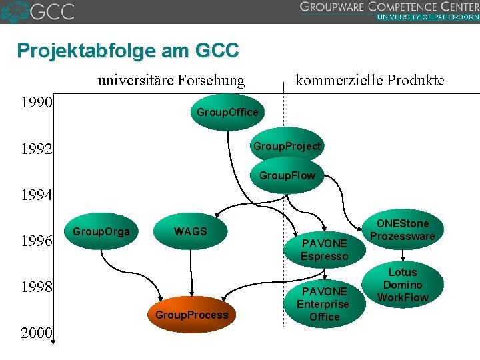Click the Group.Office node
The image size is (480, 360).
click(x=227, y=112)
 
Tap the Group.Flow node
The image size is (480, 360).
click(x=287, y=176)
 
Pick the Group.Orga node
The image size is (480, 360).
click(x=101, y=231)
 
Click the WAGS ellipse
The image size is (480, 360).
click(x=191, y=231)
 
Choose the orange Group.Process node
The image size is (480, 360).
click(x=191, y=314)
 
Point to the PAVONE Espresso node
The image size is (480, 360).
click(x=324, y=250)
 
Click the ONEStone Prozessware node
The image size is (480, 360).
click(x=402, y=230)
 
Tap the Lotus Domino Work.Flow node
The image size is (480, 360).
click(x=402, y=285)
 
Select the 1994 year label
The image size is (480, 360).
click(x=37, y=195)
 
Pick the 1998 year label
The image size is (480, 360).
click(x=37, y=287)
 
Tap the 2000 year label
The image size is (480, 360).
click(x=37, y=333)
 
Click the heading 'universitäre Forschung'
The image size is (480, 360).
click(x=171, y=81)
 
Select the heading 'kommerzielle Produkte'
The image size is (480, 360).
click(x=369, y=81)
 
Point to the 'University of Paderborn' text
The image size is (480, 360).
click(x=427, y=17)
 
